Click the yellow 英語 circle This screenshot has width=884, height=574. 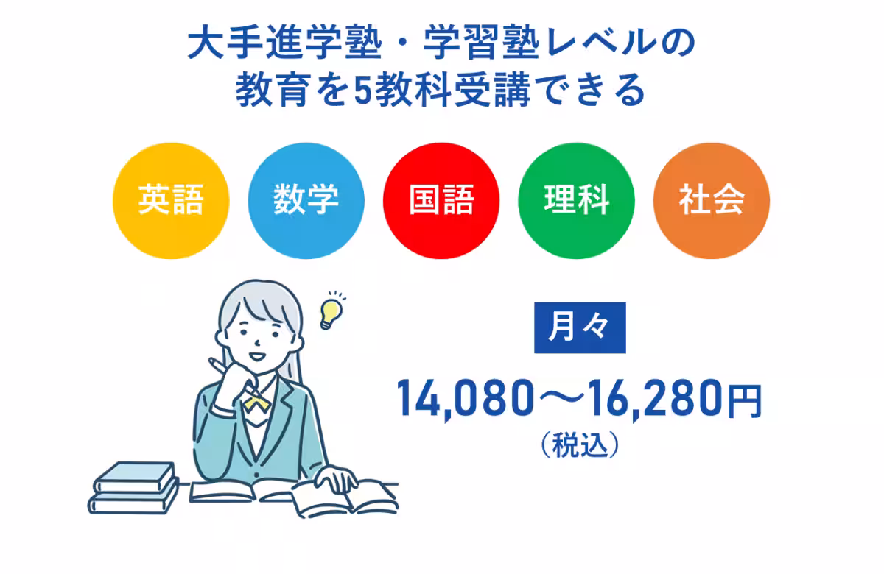(x=171, y=200)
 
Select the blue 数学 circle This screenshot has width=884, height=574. (x=306, y=200)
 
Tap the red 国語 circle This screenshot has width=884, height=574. (x=442, y=200)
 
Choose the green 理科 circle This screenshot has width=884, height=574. (x=577, y=200)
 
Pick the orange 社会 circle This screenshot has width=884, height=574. (x=712, y=200)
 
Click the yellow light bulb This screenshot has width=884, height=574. (x=330, y=310)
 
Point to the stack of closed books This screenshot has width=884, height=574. (x=135, y=486)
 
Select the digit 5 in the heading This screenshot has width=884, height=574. (x=362, y=91)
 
